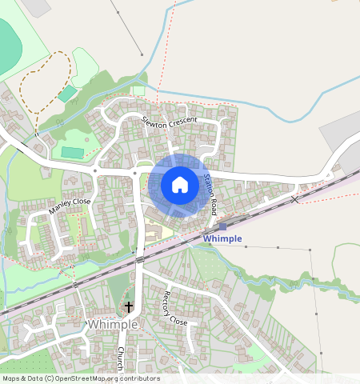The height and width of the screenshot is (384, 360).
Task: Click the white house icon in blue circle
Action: click(x=180, y=185)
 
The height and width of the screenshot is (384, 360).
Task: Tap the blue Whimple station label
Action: click(x=222, y=238)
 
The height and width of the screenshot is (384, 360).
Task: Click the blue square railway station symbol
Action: click(x=222, y=227)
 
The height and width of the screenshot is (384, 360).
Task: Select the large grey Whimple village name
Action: click(x=113, y=324)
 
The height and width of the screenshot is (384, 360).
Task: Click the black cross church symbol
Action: click(x=129, y=306)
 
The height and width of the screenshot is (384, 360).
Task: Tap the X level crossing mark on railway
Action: click(x=295, y=198)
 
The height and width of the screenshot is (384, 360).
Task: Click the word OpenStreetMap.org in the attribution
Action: click(x=88, y=378)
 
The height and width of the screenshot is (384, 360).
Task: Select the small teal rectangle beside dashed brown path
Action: click(x=68, y=94)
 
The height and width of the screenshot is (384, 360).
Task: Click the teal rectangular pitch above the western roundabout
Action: click(x=73, y=152)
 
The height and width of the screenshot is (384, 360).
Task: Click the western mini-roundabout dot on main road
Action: click(x=95, y=170)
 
